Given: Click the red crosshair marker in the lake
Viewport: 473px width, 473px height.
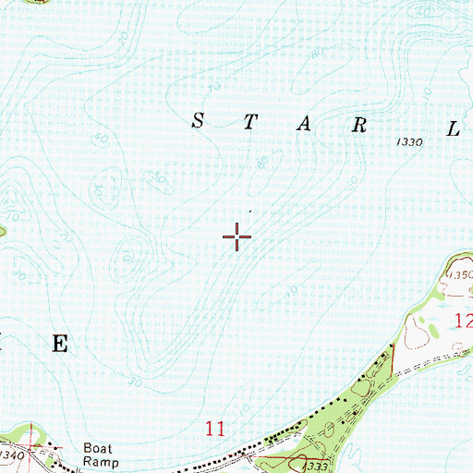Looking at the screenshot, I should (237, 237).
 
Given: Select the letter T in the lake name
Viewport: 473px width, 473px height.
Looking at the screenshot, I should (249, 125).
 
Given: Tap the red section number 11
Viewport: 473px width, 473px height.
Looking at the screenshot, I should (215, 428).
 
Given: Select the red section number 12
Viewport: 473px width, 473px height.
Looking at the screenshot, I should (463, 321).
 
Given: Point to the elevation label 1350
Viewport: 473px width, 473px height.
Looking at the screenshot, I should (457, 275).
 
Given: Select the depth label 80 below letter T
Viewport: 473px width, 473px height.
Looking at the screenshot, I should (264, 163).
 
